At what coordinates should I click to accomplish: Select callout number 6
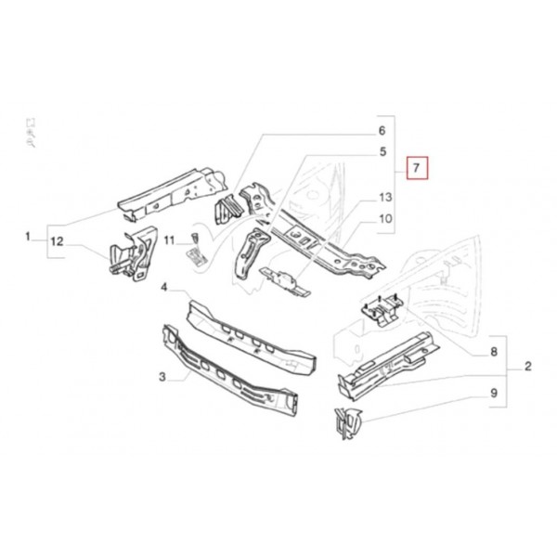382,130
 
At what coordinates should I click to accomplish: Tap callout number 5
382,151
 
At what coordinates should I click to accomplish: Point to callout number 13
385,197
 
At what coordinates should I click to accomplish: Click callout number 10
385,218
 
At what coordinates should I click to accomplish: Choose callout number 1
28,236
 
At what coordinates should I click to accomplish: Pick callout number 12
57,241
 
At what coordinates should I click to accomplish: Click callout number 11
169,240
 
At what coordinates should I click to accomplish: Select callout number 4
163,287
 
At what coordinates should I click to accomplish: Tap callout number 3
162,377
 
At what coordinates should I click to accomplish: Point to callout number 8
494,352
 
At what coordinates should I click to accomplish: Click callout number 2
528,367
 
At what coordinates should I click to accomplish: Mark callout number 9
494,394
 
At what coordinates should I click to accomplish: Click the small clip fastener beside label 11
194,238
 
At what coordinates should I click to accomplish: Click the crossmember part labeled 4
252,339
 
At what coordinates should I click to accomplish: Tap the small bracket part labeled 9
348,424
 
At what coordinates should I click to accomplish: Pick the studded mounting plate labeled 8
382,308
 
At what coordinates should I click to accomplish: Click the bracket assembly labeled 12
133,253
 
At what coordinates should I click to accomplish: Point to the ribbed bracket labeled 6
228,210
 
